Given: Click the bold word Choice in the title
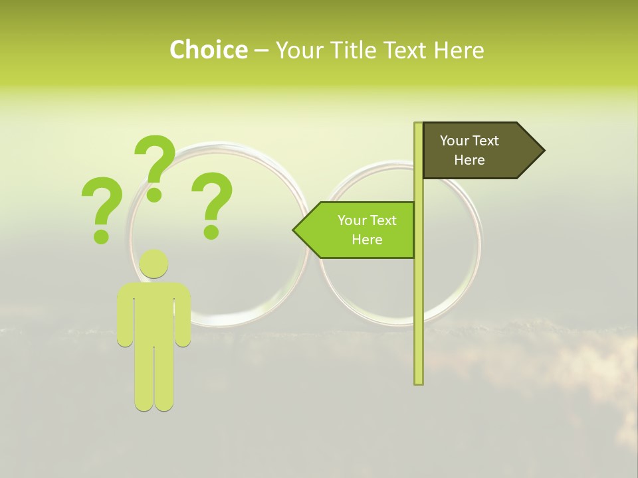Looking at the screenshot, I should point(208,50).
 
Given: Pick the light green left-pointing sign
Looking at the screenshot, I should point(359,230).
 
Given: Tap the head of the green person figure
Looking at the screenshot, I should point(154,264).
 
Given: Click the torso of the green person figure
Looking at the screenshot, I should point(154,312).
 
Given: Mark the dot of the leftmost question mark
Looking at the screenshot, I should point(101,236).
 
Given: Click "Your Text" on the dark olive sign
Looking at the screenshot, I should point(469,141).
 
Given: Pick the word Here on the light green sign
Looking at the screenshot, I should point(367,240).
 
